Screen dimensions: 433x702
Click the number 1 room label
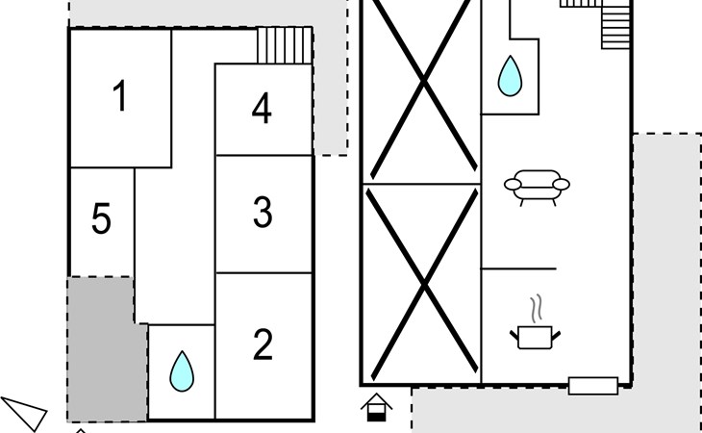tap(119, 97)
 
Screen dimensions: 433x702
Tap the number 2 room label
tap(263, 345)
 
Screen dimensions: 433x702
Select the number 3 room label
tap(263, 213)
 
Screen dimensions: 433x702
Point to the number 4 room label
tap(262, 110)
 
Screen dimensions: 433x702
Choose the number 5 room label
tap(101, 220)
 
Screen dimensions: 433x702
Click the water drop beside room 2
tap(180, 371)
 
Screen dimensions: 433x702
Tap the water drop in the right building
tap(510, 76)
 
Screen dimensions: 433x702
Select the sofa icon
tap(537, 186)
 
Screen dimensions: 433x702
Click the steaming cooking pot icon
tap(534, 333)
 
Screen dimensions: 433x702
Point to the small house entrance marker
tap(378, 407)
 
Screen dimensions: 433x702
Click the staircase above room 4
tap(285, 45)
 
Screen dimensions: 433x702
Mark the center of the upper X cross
tap(423, 89)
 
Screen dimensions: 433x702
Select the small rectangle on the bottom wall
tap(592, 386)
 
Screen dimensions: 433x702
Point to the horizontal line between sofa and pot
tap(518, 268)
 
